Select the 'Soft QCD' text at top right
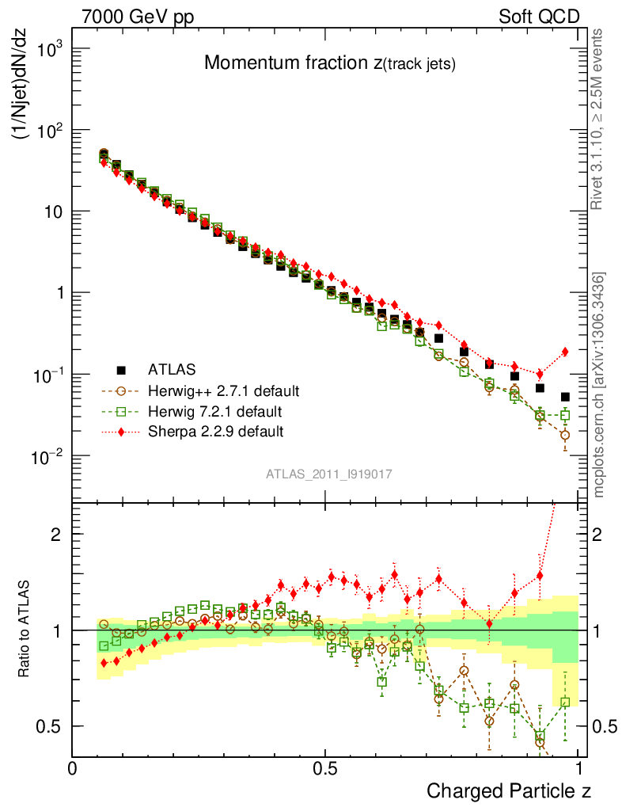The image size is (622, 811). [x=539, y=16]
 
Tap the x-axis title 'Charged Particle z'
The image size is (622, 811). [x=509, y=790]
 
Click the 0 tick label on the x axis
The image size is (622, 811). [x=74, y=768]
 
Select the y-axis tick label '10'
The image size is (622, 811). [x=51, y=212]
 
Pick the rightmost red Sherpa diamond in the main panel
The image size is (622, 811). [x=565, y=352]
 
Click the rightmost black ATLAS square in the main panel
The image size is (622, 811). [x=565, y=397]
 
